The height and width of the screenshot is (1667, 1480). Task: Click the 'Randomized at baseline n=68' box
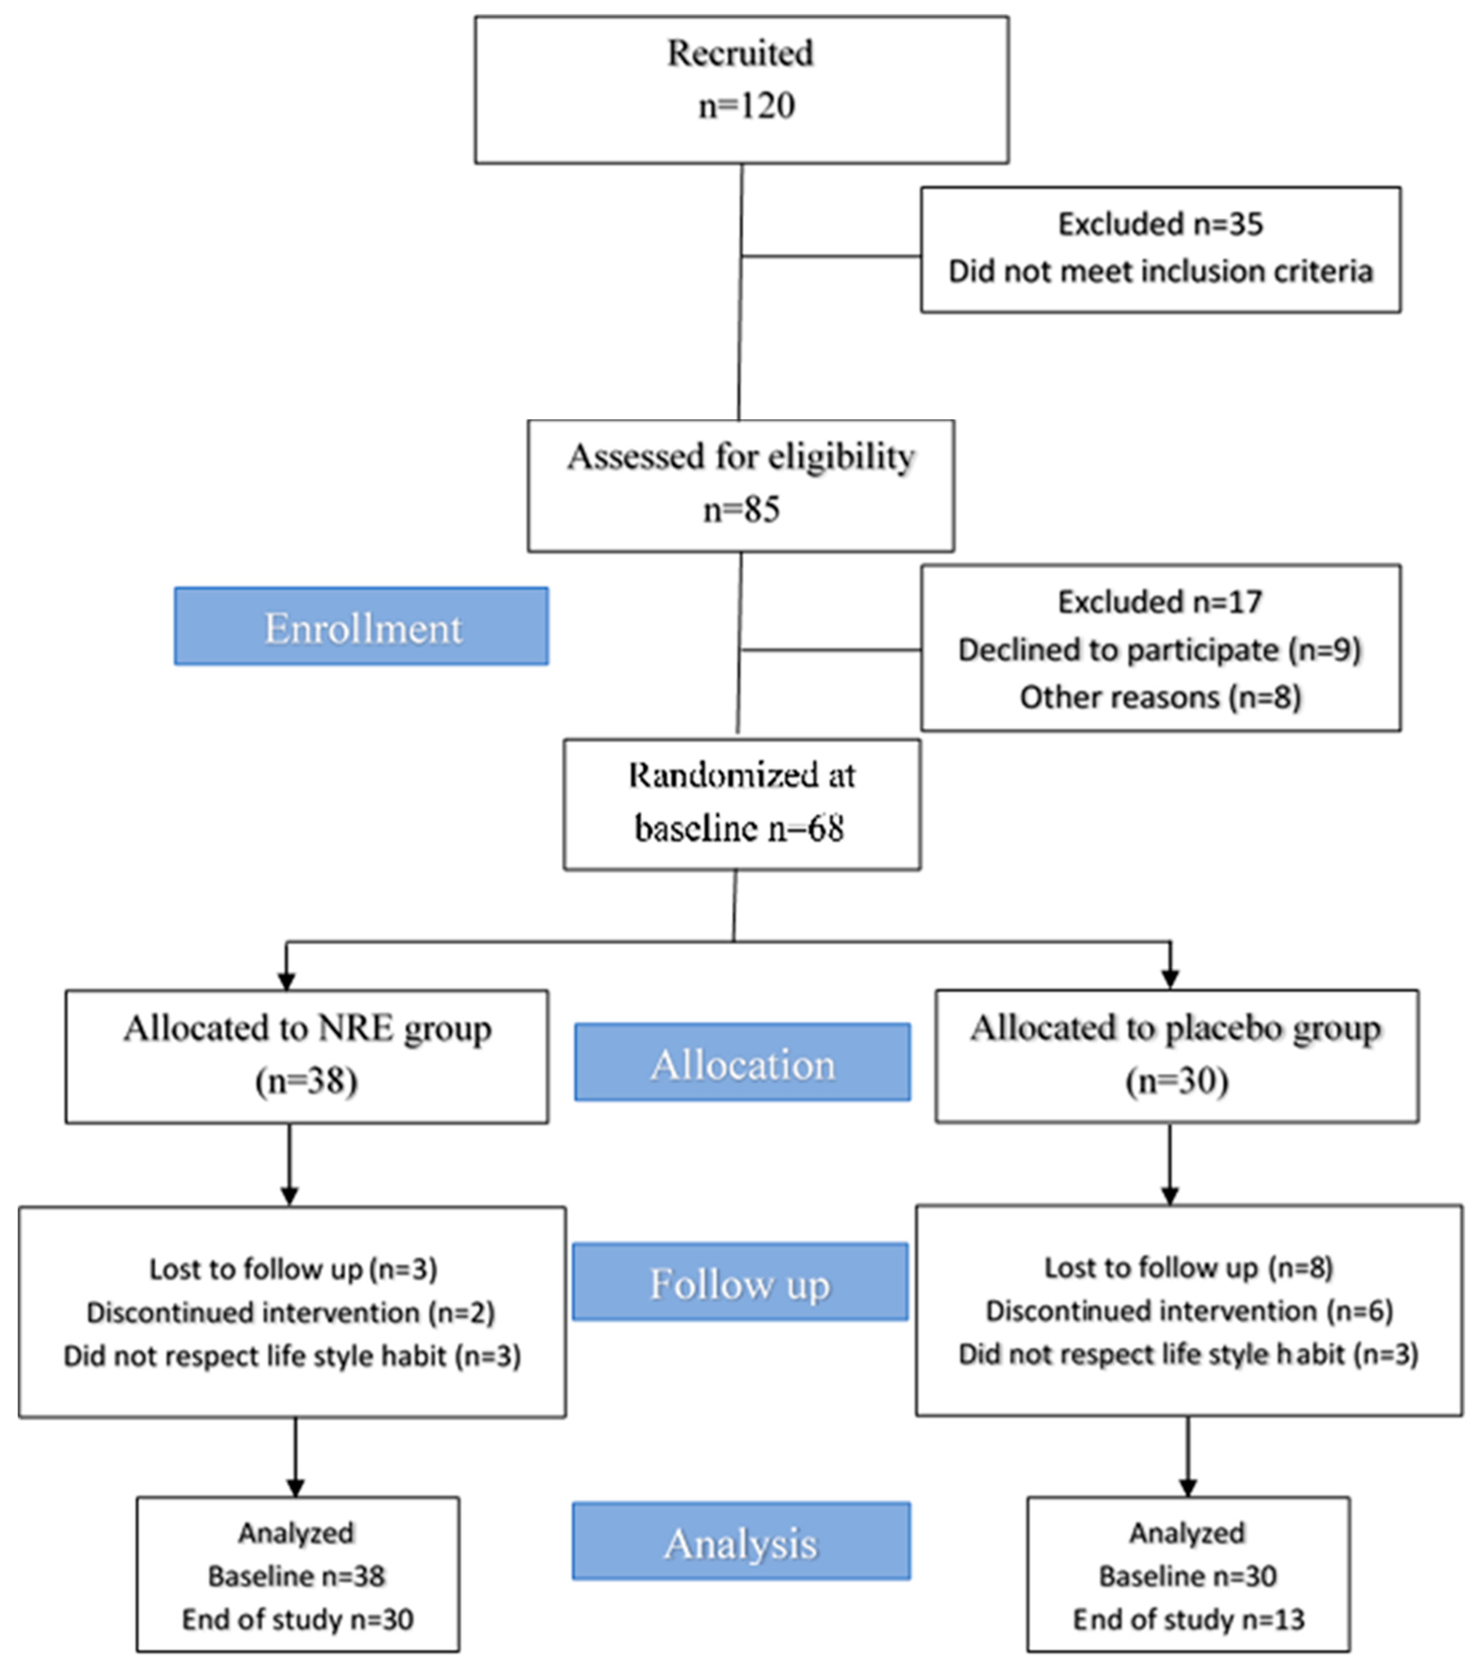point(741,804)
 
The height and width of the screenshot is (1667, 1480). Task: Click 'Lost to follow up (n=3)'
point(293,1269)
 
